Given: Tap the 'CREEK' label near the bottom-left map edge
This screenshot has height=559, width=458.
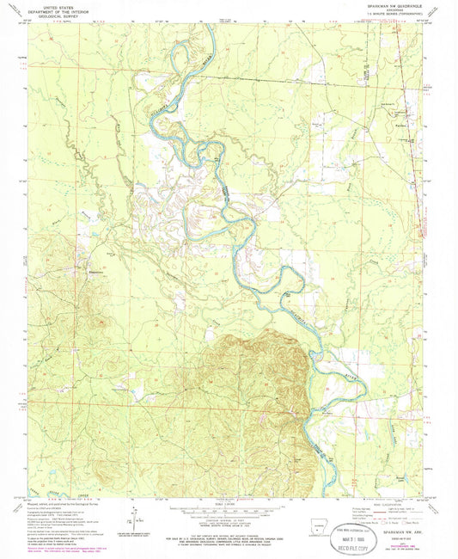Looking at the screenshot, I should pyautogui.click(x=82, y=490).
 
